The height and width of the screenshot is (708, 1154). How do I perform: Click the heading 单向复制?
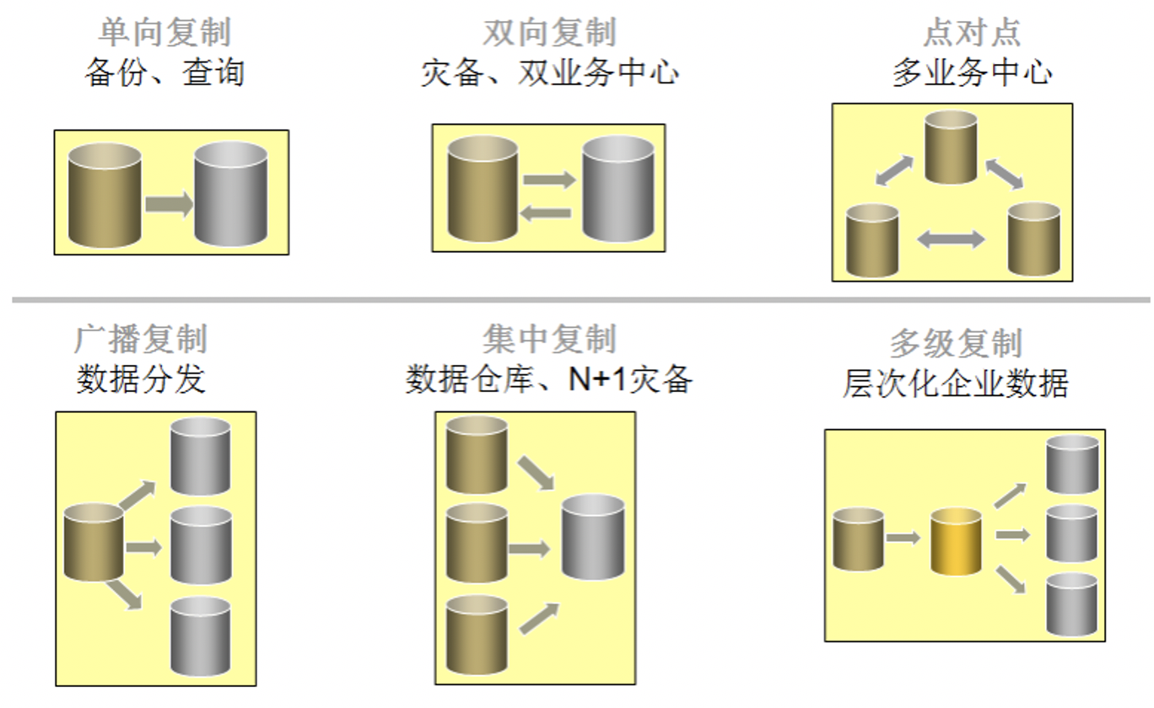click(x=164, y=33)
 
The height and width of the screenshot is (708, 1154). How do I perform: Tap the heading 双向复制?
click(x=549, y=33)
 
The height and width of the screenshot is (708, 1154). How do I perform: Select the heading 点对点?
click(x=972, y=33)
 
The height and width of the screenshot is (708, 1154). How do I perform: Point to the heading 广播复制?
click(x=140, y=340)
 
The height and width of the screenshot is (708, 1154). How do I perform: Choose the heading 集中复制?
click(x=549, y=340)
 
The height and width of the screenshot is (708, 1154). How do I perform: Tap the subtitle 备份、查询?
click(x=164, y=73)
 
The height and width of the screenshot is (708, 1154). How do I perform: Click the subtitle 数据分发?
click(x=140, y=379)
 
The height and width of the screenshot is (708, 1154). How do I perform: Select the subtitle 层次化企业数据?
click(x=956, y=383)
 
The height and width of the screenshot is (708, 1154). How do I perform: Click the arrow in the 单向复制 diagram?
click(x=169, y=205)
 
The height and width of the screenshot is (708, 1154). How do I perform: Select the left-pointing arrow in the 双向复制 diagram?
click(x=546, y=213)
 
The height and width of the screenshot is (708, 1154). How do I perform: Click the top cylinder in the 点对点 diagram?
click(x=951, y=147)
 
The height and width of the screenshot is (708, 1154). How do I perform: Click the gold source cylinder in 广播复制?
click(x=94, y=542)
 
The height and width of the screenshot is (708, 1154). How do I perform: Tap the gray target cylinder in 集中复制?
click(x=593, y=537)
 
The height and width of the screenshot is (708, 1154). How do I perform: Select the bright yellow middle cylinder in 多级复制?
click(x=957, y=541)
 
